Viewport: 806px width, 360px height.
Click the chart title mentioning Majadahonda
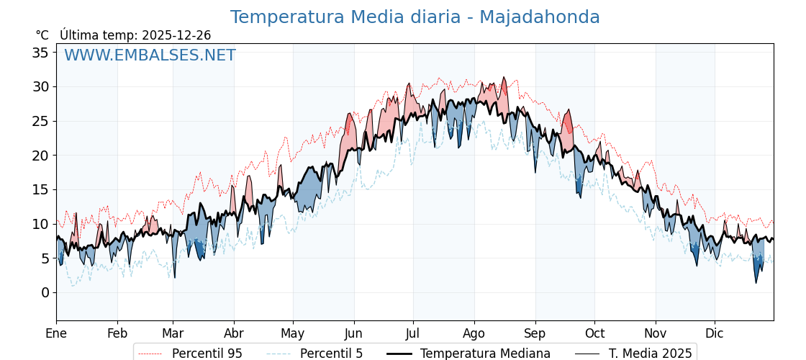pyautogui.click(x=415, y=17)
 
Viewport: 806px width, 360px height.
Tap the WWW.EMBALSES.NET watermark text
pyautogui.click(x=150, y=55)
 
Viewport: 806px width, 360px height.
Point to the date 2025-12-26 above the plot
pyautogui.click(x=176, y=35)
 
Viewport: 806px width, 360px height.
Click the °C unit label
pyautogui.click(x=42, y=35)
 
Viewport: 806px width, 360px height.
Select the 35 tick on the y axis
pyautogui.click(x=40, y=53)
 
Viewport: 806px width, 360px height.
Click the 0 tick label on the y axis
pyautogui.click(x=45, y=292)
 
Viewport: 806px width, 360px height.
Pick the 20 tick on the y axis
pyautogui.click(x=40, y=156)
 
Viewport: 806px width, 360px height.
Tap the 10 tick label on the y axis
pyautogui.click(x=40, y=224)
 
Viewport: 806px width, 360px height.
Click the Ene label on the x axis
pyautogui.click(x=56, y=333)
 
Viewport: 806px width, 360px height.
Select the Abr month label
pyautogui.click(x=234, y=333)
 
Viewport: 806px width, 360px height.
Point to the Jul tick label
pyautogui.click(x=413, y=333)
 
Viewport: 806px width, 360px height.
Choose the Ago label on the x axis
pyautogui.click(x=474, y=333)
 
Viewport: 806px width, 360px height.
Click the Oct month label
pyautogui.click(x=594, y=333)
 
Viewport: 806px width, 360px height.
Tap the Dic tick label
pyautogui.click(x=715, y=333)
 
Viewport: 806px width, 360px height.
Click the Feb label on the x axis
pyautogui.click(x=117, y=333)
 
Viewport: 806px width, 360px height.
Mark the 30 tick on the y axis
pyautogui.click(x=40, y=87)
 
